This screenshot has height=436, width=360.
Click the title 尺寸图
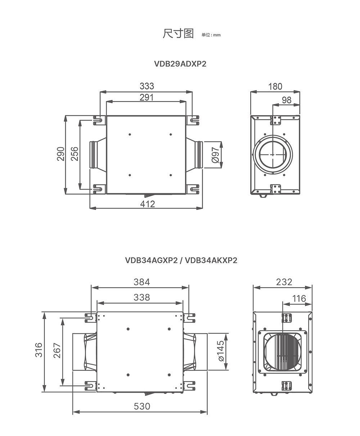point(178,33)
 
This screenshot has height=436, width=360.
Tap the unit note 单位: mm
point(211,35)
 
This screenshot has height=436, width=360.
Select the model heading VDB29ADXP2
point(180,64)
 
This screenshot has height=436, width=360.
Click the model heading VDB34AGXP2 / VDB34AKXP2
point(181,260)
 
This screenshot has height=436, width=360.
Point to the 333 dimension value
point(147,86)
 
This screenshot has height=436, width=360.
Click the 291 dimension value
point(147,97)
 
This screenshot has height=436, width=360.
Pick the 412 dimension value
point(148,204)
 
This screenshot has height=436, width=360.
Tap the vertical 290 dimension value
point(60,154)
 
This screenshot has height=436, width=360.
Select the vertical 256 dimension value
point(75,154)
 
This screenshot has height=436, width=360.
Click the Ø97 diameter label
point(215,155)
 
